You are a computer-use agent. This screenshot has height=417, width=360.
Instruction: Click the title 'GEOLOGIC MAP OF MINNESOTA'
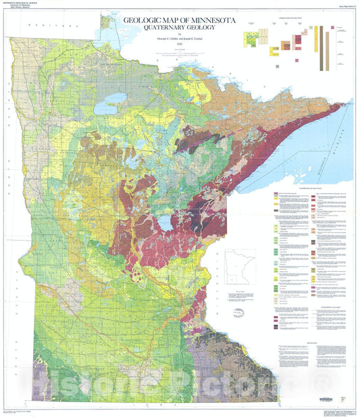pos(179,21)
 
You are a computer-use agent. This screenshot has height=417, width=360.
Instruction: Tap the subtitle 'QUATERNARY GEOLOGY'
pos(179,30)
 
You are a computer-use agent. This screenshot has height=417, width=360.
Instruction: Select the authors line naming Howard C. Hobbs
pos(179,39)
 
